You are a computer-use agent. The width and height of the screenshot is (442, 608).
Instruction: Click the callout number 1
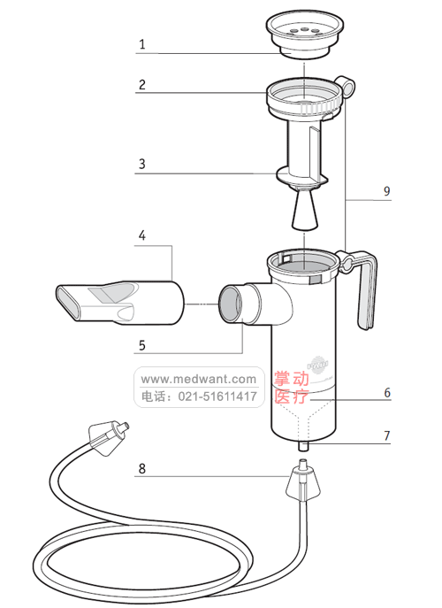coord(141,42)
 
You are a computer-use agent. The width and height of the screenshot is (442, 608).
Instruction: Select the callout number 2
coord(141,86)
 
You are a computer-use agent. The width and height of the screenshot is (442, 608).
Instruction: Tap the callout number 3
coord(141,164)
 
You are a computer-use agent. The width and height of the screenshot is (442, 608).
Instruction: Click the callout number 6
coord(386,391)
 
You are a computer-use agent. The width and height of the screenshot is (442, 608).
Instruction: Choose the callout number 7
coord(386,436)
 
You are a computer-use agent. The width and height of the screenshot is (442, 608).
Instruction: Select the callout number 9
coord(386,191)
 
